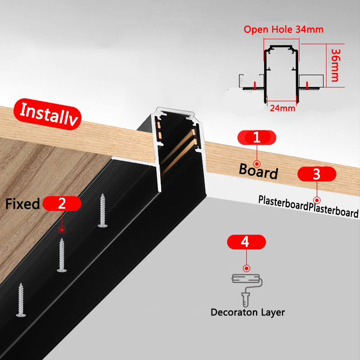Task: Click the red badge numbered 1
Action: point(257,137)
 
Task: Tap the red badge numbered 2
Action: point(62,203)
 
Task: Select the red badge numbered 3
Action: point(317,173)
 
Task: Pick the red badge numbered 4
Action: point(245,242)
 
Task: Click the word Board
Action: point(258,171)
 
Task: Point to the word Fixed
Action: point(22,204)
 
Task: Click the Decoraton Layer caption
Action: point(247,312)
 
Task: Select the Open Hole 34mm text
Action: point(283,30)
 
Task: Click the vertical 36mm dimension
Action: point(335,65)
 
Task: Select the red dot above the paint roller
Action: point(245,267)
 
